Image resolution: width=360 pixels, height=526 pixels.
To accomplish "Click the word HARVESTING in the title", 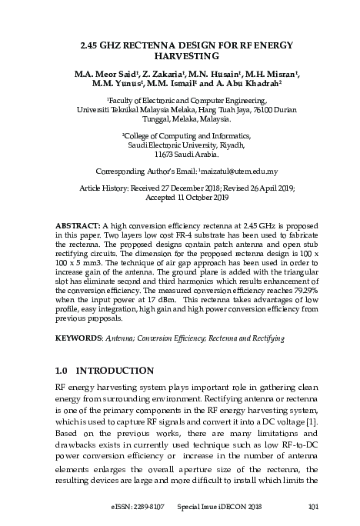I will click(x=180, y=58).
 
